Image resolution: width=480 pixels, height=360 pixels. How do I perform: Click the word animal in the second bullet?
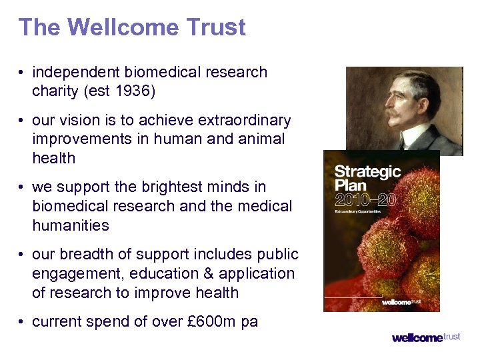263,139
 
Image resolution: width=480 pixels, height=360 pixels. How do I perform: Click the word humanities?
70,225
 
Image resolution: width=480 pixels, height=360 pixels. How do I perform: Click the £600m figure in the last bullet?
211,322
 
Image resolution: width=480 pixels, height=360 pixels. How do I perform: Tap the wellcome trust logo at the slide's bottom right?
426,337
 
